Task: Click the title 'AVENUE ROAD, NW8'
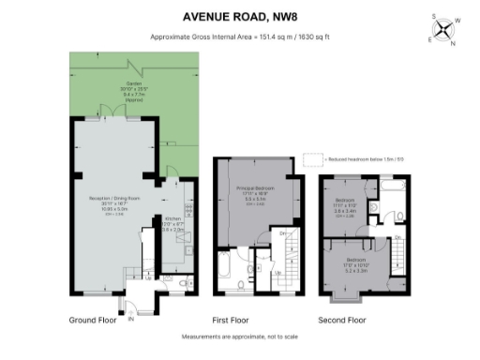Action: (240, 17)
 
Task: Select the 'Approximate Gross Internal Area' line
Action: (240, 37)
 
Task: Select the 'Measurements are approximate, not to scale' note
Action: (240, 336)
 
